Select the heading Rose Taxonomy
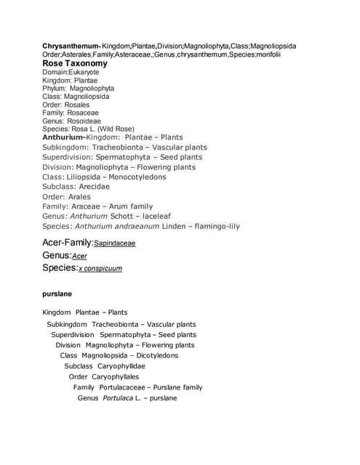click(75, 63)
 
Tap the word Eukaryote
click(84, 72)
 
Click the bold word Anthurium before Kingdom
click(63, 137)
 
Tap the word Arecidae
click(94, 187)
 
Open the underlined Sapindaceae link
click(115, 243)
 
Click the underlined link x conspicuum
click(100, 268)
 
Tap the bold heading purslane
click(57, 294)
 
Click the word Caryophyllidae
click(121, 366)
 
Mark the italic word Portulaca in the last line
click(117, 397)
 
